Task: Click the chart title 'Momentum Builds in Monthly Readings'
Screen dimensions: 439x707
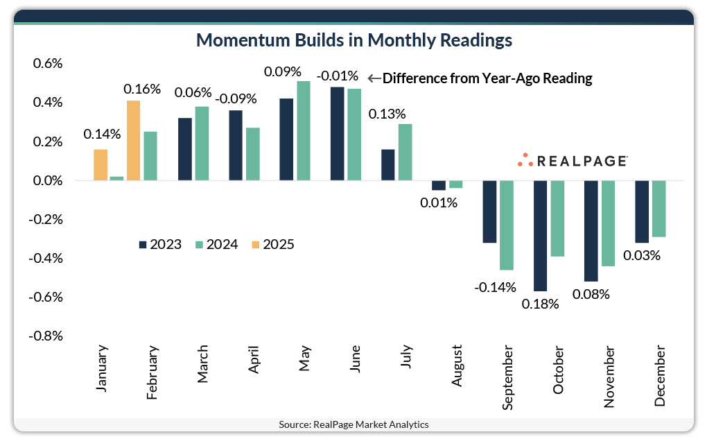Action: (354, 40)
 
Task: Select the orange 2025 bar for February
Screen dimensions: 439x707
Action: (132, 141)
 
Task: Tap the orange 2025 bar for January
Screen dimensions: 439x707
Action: (101, 165)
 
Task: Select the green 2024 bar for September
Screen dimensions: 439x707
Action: (507, 225)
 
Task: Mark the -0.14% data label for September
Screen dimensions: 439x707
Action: (495, 287)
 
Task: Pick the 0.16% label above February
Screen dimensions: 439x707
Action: (142, 89)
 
